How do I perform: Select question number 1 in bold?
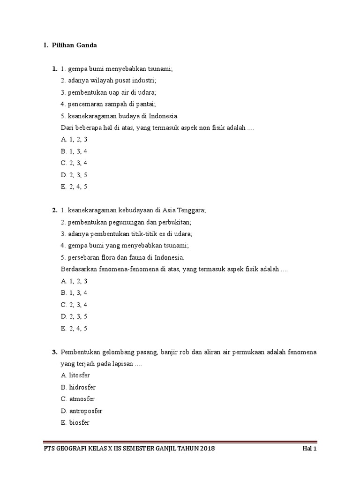click(55, 69)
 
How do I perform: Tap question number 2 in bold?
click(55, 210)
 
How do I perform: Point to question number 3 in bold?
click(55, 352)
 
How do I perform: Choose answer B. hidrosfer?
click(78, 387)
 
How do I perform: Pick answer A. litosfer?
click(76, 375)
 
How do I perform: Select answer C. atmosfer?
click(78, 399)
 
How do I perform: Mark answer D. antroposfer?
click(82, 411)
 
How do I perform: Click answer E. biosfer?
click(75, 422)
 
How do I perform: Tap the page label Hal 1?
click(309, 449)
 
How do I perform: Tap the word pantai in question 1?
click(145, 104)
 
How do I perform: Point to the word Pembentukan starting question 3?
click(80, 352)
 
